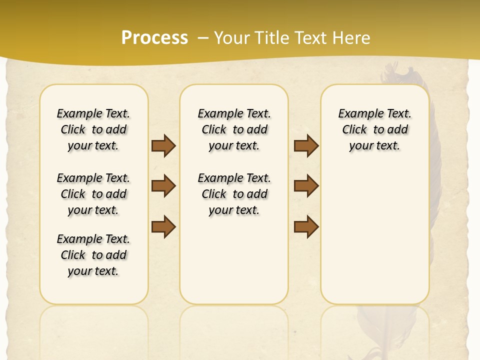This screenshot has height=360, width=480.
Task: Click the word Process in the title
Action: pos(154,37)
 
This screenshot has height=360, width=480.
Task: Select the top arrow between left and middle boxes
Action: pos(163,145)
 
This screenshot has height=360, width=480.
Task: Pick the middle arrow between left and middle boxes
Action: pos(163,186)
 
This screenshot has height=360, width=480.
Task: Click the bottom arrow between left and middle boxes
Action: pos(163,226)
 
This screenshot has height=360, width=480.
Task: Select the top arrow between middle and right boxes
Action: pos(306,145)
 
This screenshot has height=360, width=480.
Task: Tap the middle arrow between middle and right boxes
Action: pos(306,186)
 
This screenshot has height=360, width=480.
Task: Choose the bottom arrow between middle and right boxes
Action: pos(306,226)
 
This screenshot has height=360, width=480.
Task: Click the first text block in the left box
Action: pos(93,129)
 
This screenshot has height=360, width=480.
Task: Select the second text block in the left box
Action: pos(93,194)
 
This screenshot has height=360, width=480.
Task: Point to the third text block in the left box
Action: pos(93,255)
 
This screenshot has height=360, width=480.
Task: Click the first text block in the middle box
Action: pos(234,129)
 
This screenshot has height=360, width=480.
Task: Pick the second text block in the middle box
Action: pos(234,194)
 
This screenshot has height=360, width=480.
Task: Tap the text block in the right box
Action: pos(375,129)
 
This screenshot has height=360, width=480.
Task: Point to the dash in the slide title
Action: pos(203,37)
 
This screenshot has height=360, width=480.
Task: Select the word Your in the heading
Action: pos(232,37)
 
